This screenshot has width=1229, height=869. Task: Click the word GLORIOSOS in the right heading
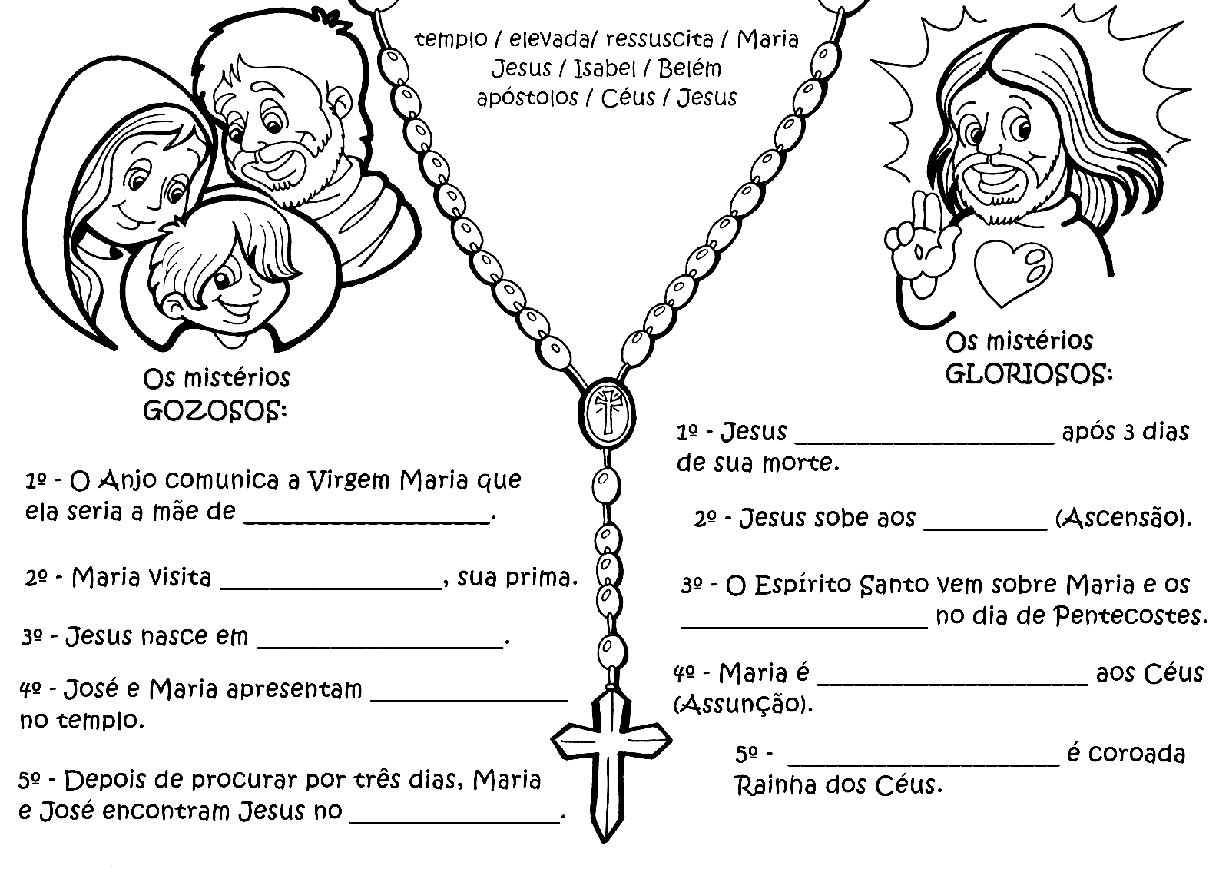(1027, 374)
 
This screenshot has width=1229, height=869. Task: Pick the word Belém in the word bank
(689, 69)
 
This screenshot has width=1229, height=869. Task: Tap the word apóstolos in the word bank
(527, 98)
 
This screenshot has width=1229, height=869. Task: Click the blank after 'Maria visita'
(331, 583)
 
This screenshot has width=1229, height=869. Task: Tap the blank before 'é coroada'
(923, 760)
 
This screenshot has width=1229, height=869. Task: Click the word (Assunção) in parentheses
(742, 703)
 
